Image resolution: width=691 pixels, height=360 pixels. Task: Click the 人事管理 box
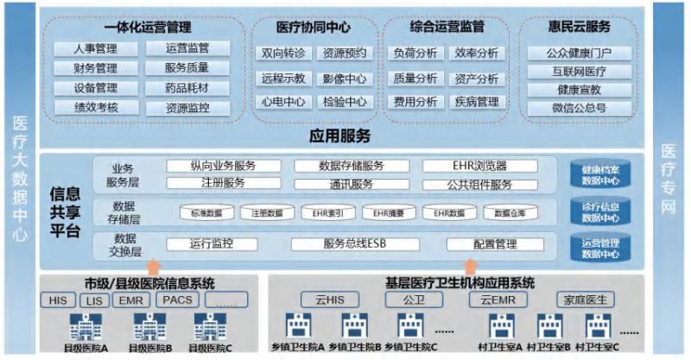[x=85, y=49]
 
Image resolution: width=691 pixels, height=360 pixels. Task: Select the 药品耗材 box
[x=186, y=88]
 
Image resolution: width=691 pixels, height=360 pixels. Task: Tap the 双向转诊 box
[x=283, y=54]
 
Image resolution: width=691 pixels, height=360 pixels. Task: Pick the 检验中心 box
[x=345, y=101]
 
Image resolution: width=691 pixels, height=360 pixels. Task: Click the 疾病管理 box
[x=476, y=102]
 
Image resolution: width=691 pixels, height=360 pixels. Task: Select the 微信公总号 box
[x=580, y=108]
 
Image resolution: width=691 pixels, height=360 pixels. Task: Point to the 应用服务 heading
[x=339, y=136]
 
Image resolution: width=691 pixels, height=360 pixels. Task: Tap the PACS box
[x=177, y=300]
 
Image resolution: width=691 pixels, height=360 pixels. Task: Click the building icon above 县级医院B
[x=149, y=326]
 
